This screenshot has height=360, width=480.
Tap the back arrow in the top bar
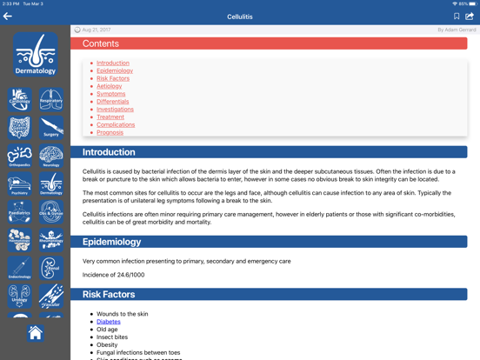pyautogui.click(x=8, y=16)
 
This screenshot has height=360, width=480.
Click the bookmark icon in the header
pyautogui.click(x=457, y=16)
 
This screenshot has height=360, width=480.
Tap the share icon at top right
pyautogui.click(x=470, y=16)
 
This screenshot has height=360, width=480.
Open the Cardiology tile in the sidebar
pyautogui.click(x=19, y=99)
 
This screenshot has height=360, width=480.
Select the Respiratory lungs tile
pyautogui.click(x=51, y=99)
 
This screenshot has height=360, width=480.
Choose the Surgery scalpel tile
pyautogui.click(x=51, y=127)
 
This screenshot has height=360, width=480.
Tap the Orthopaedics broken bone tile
pyautogui.click(x=19, y=156)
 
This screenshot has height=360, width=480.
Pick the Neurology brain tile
pyautogui.click(x=51, y=156)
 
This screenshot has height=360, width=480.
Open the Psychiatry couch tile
pyautogui.click(x=19, y=183)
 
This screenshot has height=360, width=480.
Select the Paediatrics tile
pyautogui.click(x=19, y=211)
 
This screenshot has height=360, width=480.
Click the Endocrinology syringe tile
pyautogui.click(x=19, y=268)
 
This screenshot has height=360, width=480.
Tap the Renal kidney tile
pyautogui.click(x=51, y=268)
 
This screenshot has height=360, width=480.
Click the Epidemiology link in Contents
pyautogui.click(x=115, y=70)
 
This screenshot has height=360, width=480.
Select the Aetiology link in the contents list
pyautogui.click(x=110, y=86)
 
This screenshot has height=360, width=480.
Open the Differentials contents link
pyautogui.click(x=113, y=102)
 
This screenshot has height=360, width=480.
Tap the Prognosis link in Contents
pyautogui.click(x=110, y=133)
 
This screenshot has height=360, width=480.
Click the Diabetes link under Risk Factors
pyautogui.click(x=109, y=322)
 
